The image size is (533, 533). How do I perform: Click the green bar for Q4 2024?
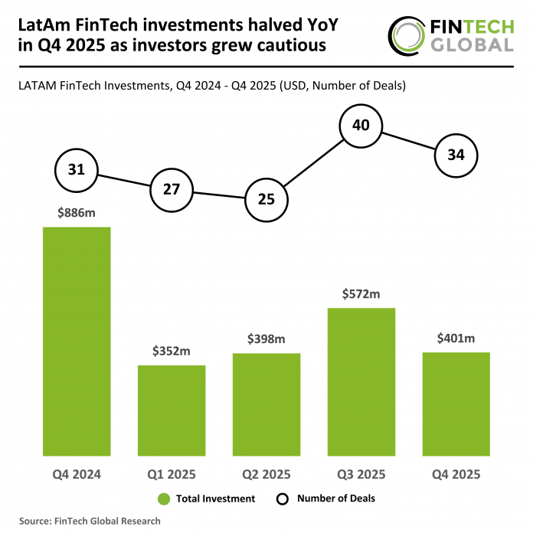[x=77, y=341]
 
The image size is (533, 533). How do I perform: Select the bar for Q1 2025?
[x=172, y=410]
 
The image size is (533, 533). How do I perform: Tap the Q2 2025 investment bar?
[x=266, y=404]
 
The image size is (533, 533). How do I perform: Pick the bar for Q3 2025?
[x=361, y=381]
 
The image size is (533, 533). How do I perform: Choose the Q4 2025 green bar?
[x=456, y=404]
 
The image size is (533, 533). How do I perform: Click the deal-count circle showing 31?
[x=77, y=170]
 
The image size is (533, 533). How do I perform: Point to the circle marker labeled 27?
[x=172, y=188]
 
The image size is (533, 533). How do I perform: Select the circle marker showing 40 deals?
[x=361, y=125]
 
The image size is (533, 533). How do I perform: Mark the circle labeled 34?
[x=456, y=155]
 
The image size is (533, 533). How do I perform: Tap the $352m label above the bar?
[x=172, y=352]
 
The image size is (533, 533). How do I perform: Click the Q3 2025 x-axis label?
[x=361, y=474]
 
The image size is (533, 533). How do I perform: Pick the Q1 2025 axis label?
[x=172, y=474]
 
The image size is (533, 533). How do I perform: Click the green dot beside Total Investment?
[x=162, y=499]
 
